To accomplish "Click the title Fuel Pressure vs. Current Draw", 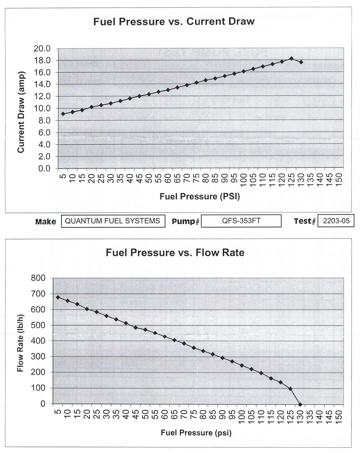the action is point(174,22).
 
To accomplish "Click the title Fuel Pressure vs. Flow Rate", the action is point(175,252).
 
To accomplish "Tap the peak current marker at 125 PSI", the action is point(292,59).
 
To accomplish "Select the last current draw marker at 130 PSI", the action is point(301,62).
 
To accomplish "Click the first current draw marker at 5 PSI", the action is point(63,114).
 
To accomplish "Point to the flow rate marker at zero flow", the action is point(300,404).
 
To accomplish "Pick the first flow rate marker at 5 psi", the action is point(58,297).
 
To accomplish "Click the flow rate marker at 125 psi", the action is point(290,389).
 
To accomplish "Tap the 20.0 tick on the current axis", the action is point(42,49).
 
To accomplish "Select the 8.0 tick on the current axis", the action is point(44,121).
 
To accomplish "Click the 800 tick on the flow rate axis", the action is point(38,278).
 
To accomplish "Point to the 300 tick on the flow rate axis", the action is point(38,356).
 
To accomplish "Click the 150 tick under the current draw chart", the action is point(339,178).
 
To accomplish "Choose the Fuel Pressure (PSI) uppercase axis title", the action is point(200,196).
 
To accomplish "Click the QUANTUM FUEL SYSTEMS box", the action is point(113,221).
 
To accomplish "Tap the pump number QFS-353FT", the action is point(241,221).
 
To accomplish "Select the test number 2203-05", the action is point(336,221).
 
